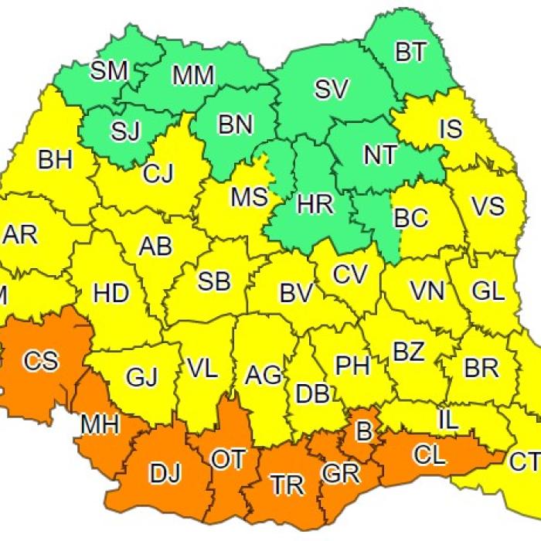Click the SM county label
tap(109, 70)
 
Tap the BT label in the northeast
tap(410, 52)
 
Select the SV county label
tap(332, 89)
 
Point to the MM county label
tap(192, 75)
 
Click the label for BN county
tap(236, 124)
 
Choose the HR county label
tap(315, 205)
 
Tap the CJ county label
tap(158, 175)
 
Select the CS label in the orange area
tap(40, 360)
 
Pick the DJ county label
tap(165, 473)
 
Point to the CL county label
tap(430, 455)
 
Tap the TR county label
tap(287, 485)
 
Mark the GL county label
tap(488, 291)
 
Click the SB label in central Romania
tap(214, 281)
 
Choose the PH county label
tap(352, 364)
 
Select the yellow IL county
tap(454, 420)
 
